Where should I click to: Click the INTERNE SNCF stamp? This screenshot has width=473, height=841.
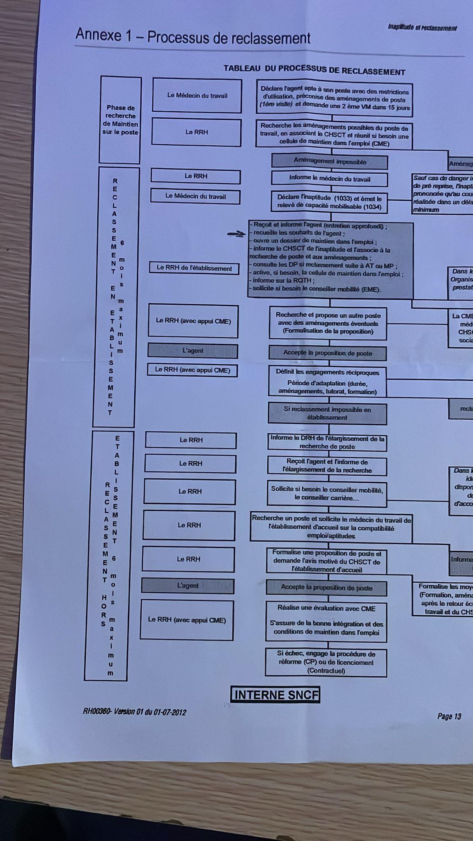coord(275,695)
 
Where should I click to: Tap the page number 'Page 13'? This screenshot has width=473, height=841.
coord(449,717)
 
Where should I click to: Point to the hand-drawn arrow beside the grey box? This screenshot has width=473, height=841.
coord(236,234)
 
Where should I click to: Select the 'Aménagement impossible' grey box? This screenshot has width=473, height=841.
coord(330,162)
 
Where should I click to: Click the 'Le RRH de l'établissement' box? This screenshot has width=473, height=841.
coord(194,269)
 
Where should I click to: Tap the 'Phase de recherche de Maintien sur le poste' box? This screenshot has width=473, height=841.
coord(120,120)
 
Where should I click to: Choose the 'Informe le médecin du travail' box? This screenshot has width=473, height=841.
coord(329,179)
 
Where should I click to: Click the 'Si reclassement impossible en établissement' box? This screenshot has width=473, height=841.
coord(327,414)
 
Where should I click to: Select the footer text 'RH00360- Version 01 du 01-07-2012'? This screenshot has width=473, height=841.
coord(134,712)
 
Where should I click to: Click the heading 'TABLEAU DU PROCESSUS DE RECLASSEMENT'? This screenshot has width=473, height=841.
coord(314,70)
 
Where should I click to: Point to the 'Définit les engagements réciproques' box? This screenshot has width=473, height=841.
coord(327,381)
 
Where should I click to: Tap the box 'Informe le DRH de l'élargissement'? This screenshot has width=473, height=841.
coord(327,442)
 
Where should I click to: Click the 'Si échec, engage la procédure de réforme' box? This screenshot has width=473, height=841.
coord(326,662)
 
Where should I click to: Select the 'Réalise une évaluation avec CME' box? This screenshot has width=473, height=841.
coord(326,620)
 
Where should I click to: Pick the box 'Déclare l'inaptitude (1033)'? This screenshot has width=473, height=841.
coord(329,202)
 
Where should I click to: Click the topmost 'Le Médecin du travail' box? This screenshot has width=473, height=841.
coord(197,95)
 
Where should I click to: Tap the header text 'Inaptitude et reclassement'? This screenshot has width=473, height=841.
coord(422,28)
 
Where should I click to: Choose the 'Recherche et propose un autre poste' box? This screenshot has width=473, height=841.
coord(328,323)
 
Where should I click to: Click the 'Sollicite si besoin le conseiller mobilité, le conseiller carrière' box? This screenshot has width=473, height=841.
coord(327,494)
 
